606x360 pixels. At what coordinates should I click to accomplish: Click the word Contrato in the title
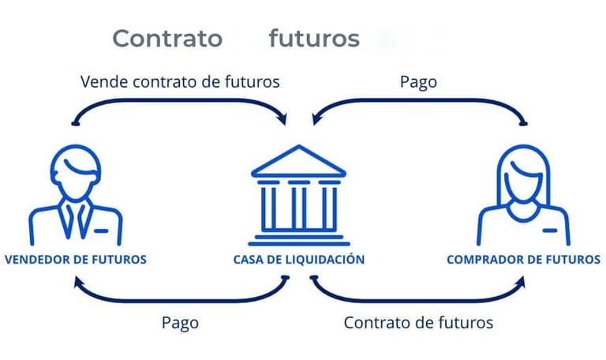(166, 38)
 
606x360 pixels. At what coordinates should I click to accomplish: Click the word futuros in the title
(313, 38)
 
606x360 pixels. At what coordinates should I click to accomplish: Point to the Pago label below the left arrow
(180, 322)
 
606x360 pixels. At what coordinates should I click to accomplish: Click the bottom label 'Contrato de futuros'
(418, 322)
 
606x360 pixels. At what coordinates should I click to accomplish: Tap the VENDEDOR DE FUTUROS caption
(76, 259)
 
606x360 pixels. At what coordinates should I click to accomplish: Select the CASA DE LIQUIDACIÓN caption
(299, 259)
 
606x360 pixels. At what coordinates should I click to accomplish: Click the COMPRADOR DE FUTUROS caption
(523, 259)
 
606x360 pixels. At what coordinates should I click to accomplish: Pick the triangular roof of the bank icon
(299, 161)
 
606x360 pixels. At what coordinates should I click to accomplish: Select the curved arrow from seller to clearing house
(181, 101)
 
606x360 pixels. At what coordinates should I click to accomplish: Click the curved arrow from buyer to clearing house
(418, 101)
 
